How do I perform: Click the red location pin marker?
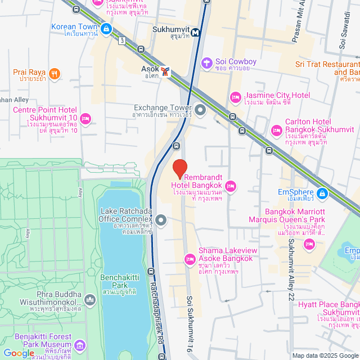click(179, 168)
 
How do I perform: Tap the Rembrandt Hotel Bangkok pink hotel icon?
click(230, 186)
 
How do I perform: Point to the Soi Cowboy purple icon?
click(206, 61)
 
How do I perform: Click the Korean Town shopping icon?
click(106, 28)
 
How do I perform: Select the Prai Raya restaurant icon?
click(54, 73)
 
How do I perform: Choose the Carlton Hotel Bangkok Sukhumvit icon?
click(276, 130)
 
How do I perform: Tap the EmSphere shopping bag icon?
click(322, 194)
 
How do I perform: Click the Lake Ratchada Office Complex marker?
click(161, 220)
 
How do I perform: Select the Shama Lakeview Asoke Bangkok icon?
click(190, 259)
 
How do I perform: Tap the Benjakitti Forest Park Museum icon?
click(79, 344)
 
